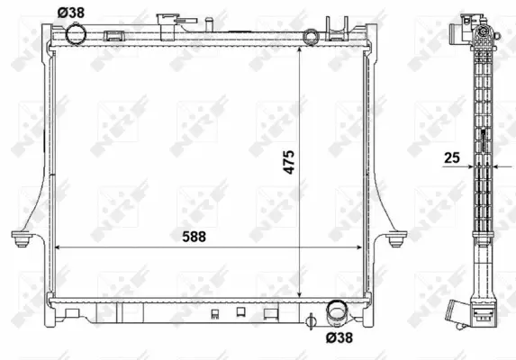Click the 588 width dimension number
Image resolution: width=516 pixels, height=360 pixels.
click(x=192, y=236)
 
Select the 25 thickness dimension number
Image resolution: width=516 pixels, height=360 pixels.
click(x=452, y=158)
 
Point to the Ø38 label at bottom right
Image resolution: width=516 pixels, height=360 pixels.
click(x=338, y=337)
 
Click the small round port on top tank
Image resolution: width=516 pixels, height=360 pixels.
click(x=311, y=37)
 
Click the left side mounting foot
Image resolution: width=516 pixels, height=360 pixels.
click(x=21, y=238)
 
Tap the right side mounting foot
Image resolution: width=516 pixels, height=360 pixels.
click(x=394, y=238)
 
